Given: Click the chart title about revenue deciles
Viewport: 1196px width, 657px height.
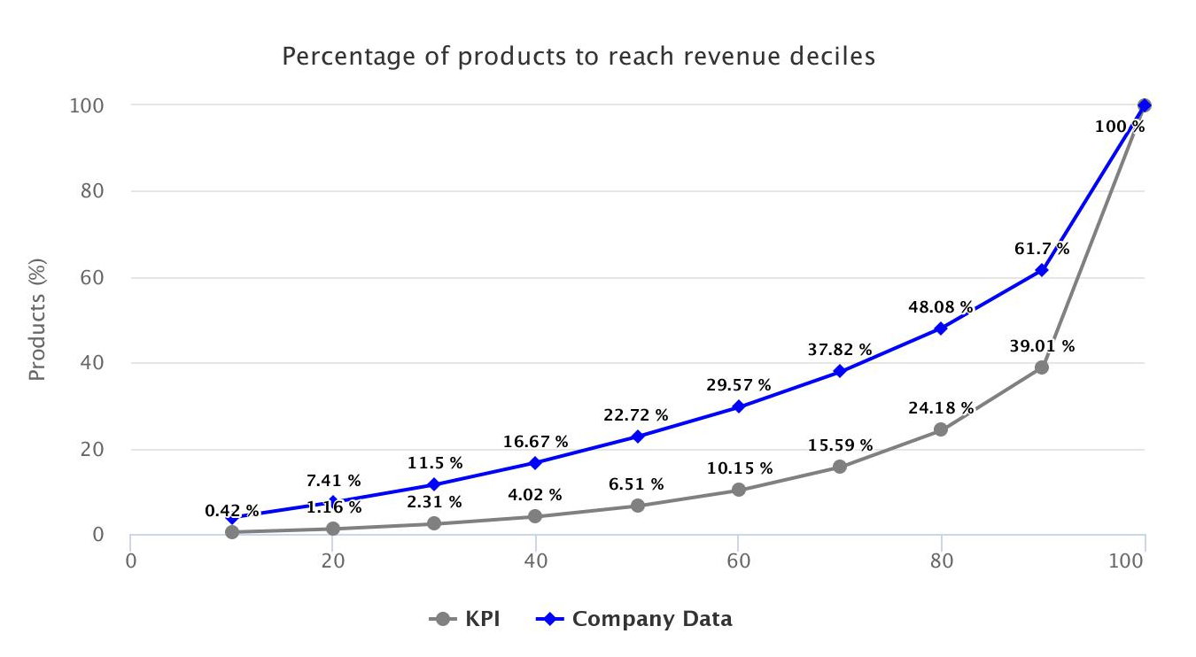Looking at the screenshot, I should tap(578, 57).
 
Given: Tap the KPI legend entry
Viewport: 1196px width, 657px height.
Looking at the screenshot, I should tap(466, 619).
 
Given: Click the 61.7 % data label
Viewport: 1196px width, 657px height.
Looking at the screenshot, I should tap(1042, 249).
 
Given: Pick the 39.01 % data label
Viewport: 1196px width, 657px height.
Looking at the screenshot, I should tap(1042, 346).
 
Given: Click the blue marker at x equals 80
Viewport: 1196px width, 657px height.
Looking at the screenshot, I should tap(941, 328).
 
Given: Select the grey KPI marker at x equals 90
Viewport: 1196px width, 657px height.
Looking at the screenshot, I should tap(1042, 367).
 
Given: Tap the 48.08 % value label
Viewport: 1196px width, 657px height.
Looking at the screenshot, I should tap(941, 308).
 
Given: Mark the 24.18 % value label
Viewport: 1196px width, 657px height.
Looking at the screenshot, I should tap(941, 408).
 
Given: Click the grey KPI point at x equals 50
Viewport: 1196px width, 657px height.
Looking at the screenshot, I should tap(637, 506).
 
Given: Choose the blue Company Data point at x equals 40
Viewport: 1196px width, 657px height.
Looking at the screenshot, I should tap(535, 463).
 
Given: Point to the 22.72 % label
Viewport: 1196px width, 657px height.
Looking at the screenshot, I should tap(637, 415).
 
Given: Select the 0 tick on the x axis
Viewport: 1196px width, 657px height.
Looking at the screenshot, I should tap(130, 561).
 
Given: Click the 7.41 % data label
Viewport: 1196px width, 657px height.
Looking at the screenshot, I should tap(333, 481).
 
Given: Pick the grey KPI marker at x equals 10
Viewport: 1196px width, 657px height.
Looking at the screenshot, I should tap(232, 532).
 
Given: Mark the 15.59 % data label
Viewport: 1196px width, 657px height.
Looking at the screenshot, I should tap(840, 445).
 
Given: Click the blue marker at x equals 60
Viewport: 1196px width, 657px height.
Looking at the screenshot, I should tap(738, 407).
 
